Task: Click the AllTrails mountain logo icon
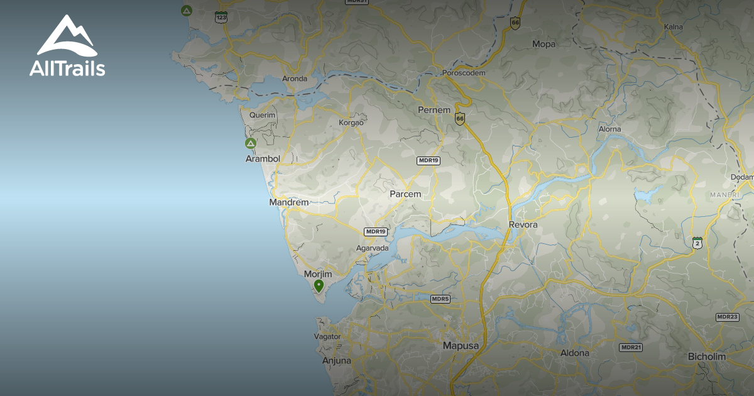(67, 36)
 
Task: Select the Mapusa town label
(461, 346)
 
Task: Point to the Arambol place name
(263, 159)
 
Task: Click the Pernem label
(434, 110)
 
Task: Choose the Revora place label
(523, 224)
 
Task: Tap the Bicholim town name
(706, 356)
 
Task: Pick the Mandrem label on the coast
(289, 202)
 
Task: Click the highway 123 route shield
(221, 17)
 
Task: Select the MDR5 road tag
(440, 299)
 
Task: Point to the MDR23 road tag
(727, 317)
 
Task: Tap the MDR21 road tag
(631, 347)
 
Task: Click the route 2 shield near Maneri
(697, 243)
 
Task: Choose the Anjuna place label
(336, 361)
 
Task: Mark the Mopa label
(544, 44)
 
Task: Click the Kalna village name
(673, 27)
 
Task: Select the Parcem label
(405, 194)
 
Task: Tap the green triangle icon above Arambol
(251, 143)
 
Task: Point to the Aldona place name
(575, 353)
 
